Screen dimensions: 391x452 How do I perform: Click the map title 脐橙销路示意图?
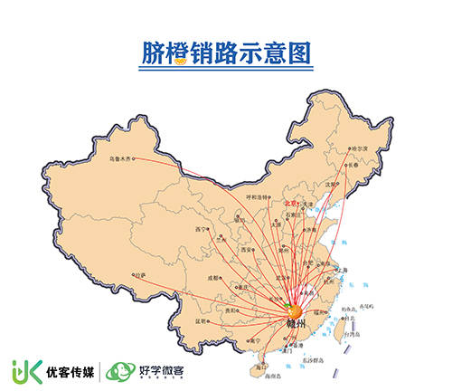click(x=226, y=54)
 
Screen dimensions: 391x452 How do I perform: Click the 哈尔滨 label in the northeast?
click(x=361, y=149)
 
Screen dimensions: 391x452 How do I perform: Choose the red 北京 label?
click(x=291, y=205)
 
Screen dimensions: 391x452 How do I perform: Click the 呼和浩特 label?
click(x=259, y=196)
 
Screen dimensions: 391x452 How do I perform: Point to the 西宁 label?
click(x=202, y=230)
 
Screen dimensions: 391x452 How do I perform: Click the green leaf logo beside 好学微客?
click(x=118, y=370)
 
